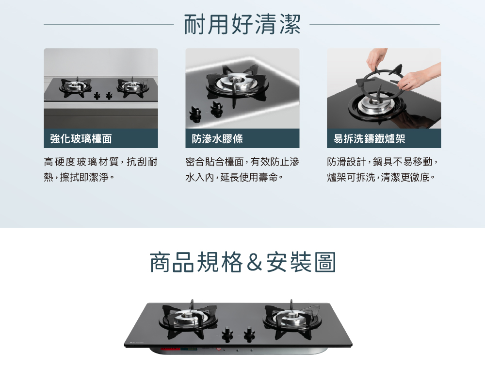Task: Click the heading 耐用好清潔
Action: click(x=242, y=24)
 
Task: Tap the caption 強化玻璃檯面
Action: click(x=81, y=139)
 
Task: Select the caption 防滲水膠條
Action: click(x=217, y=139)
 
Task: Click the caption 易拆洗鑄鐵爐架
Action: click(x=369, y=139)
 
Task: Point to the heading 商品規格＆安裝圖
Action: click(x=243, y=262)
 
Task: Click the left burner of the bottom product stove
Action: click(x=188, y=318)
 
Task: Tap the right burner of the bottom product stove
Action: click(x=291, y=318)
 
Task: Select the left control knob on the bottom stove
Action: click(x=227, y=334)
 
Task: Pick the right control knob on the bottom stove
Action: click(x=249, y=334)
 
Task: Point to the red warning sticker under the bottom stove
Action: click(x=170, y=349)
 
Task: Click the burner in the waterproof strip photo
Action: click(x=237, y=83)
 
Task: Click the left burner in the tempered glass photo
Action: click(x=76, y=86)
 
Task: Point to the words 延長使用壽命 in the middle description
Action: click(x=249, y=177)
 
